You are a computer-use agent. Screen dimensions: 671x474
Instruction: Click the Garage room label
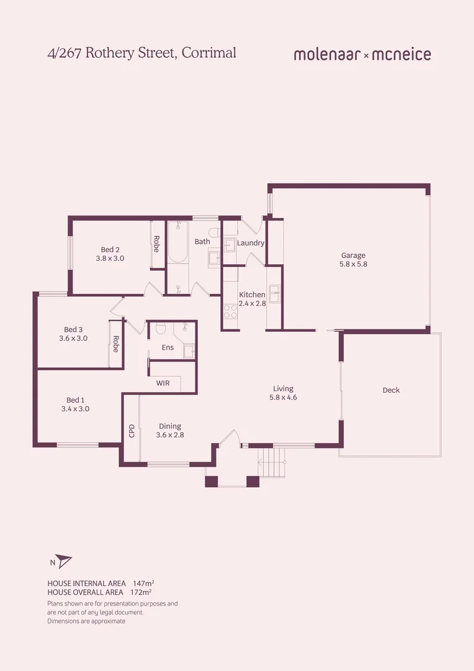353,255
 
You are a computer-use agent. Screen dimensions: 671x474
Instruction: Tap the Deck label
391,390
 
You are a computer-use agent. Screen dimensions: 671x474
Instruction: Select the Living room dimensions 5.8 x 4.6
283,398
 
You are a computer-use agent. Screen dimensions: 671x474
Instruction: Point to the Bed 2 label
110,250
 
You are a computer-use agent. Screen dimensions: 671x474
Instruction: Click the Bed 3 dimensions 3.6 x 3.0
73,339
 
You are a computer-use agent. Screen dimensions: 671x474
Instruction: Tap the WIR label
163,383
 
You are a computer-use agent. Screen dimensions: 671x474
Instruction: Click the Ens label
168,347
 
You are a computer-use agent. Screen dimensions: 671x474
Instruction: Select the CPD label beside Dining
132,431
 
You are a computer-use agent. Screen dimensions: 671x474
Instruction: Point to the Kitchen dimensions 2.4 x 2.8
252,304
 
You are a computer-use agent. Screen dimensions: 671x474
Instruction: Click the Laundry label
251,243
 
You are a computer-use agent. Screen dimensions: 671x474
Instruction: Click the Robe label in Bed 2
157,243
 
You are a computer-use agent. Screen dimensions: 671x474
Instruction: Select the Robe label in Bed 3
115,344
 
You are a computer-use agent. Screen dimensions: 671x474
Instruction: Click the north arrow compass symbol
63,562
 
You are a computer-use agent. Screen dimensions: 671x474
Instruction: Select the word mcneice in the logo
401,55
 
